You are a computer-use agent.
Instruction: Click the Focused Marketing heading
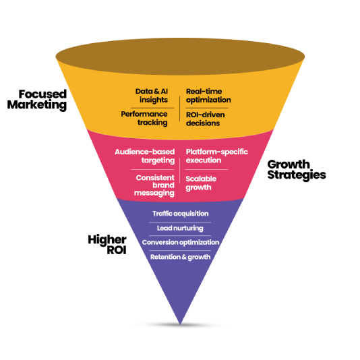click(x=42, y=99)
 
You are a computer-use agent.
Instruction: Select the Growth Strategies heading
click(x=297, y=169)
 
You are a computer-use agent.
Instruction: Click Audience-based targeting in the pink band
click(x=146, y=156)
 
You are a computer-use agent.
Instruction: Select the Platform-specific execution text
click(x=215, y=156)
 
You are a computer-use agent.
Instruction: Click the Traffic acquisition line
click(x=180, y=214)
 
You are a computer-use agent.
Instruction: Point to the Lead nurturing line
click(x=180, y=228)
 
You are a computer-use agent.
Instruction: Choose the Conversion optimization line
click(x=180, y=242)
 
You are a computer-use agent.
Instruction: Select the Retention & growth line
click(x=180, y=257)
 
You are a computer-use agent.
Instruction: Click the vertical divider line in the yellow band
click(x=180, y=108)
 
